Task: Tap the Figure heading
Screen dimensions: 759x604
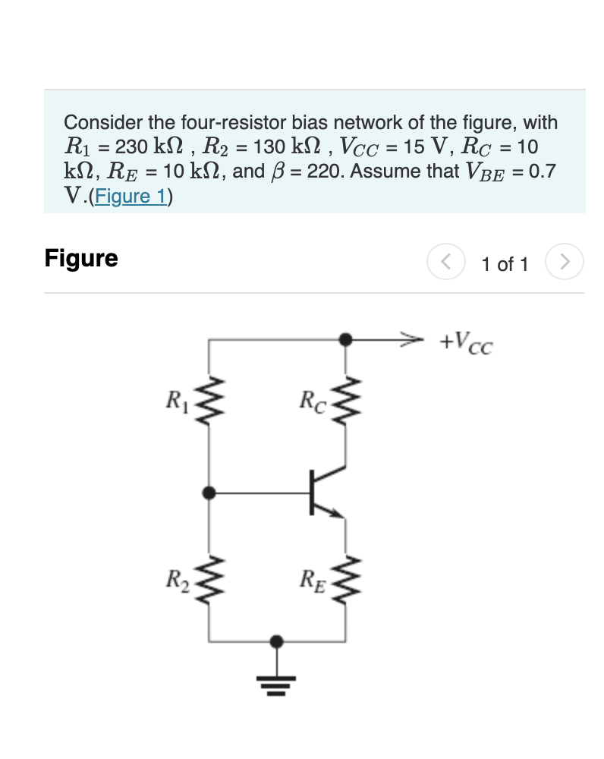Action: pyautogui.click(x=81, y=258)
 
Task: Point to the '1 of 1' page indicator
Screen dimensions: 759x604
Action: pyautogui.click(x=505, y=264)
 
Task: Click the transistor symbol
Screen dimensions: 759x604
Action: pyautogui.click(x=322, y=493)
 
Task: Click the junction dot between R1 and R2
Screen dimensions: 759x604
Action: pyautogui.click(x=209, y=493)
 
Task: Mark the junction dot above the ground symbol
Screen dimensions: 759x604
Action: pyautogui.click(x=279, y=642)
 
